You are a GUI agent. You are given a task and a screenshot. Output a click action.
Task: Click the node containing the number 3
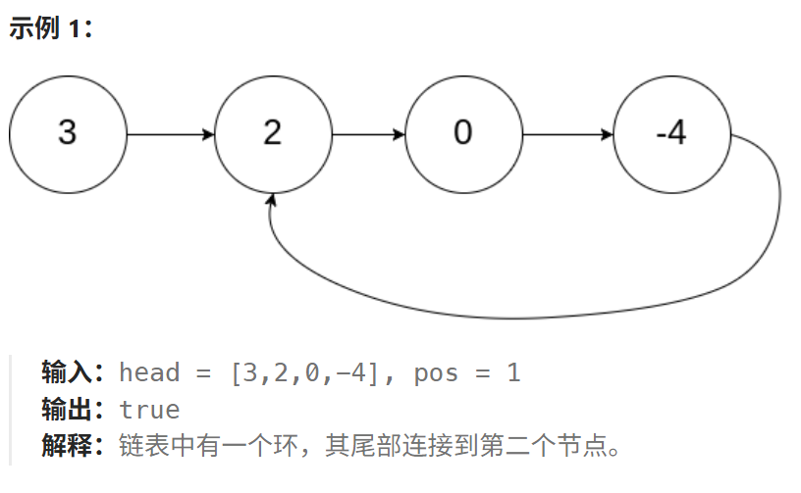click(68, 133)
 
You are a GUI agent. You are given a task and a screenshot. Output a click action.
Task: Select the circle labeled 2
click(273, 133)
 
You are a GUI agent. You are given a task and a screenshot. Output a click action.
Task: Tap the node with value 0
click(462, 133)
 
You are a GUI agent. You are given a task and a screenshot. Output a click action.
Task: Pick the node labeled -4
click(671, 133)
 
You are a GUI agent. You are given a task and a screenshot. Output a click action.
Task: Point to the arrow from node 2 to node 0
click(368, 133)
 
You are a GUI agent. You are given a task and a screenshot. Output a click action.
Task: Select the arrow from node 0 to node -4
click(567, 133)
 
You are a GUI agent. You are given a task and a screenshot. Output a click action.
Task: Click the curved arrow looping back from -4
click(520, 316)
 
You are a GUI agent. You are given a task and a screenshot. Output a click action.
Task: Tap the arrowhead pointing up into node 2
click(272, 200)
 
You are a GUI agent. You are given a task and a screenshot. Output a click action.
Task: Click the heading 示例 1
click(50, 28)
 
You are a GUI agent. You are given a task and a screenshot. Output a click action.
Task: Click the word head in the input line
click(149, 372)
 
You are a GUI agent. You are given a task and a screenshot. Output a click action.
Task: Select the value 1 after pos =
click(512, 372)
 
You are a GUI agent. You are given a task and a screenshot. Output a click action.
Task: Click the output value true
click(149, 410)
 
